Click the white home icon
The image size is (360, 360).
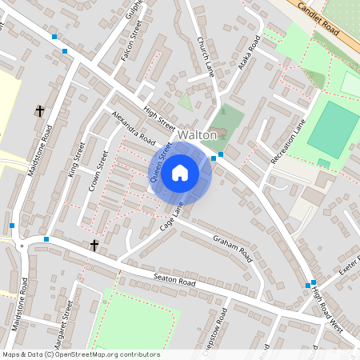(x=180, y=173)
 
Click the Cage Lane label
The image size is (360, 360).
(x=171, y=218)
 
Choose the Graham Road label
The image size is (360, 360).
(x=233, y=250)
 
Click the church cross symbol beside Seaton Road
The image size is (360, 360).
(x=94, y=244)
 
